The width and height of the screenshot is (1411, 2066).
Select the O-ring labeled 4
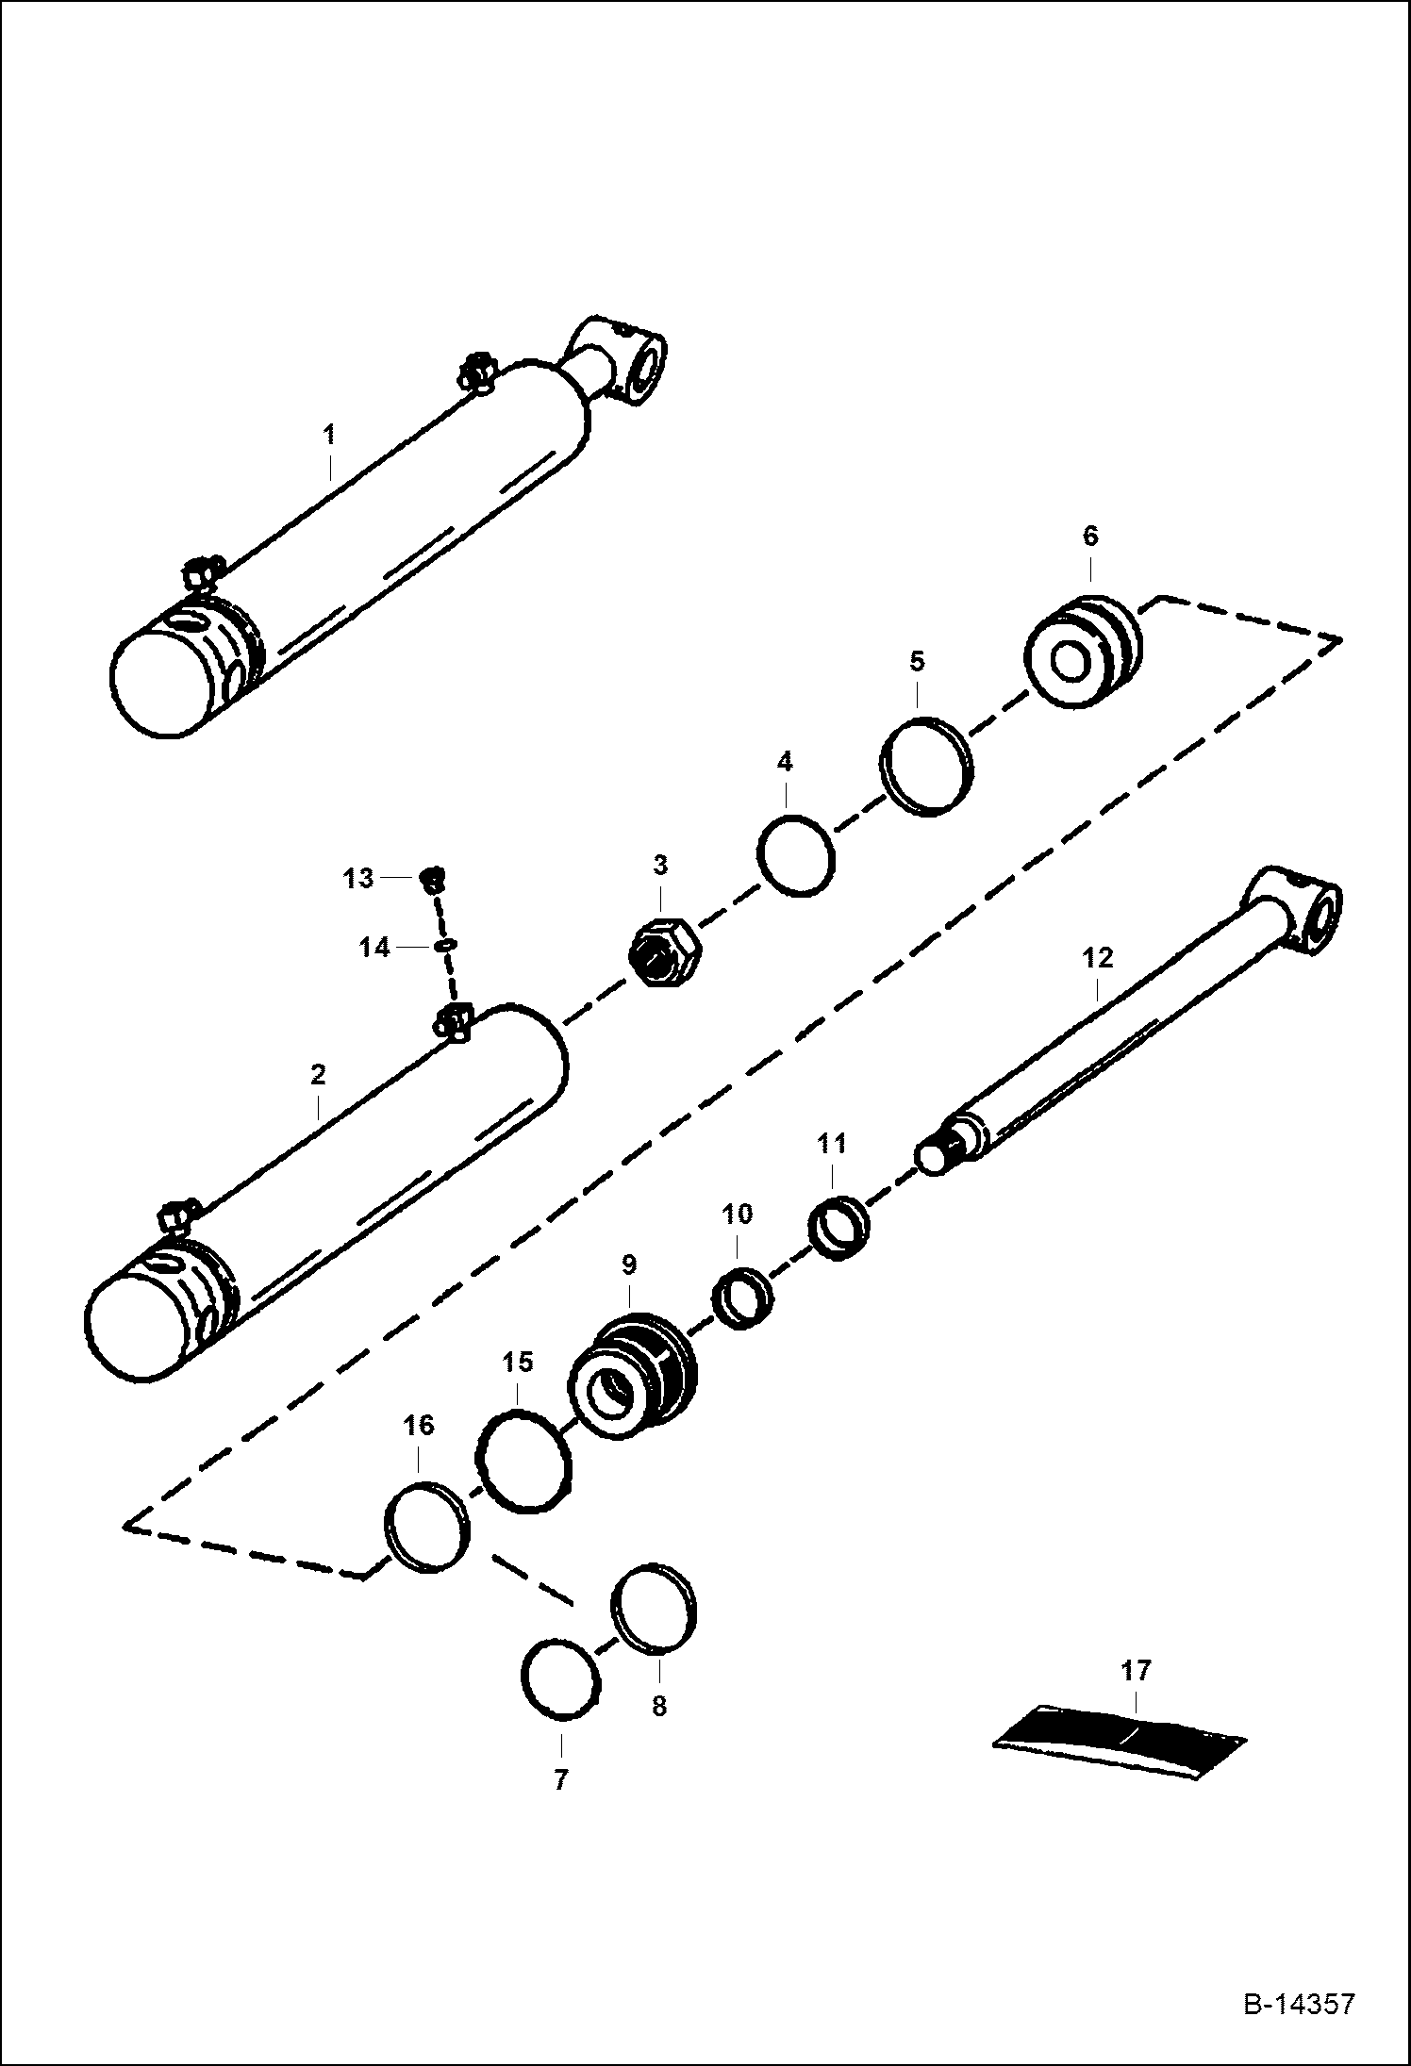click(796, 855)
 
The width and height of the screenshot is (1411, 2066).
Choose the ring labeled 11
click(839, 1226)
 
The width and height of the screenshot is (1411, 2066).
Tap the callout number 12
click(1099, 960)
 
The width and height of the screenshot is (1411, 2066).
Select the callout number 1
click(329, 436)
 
